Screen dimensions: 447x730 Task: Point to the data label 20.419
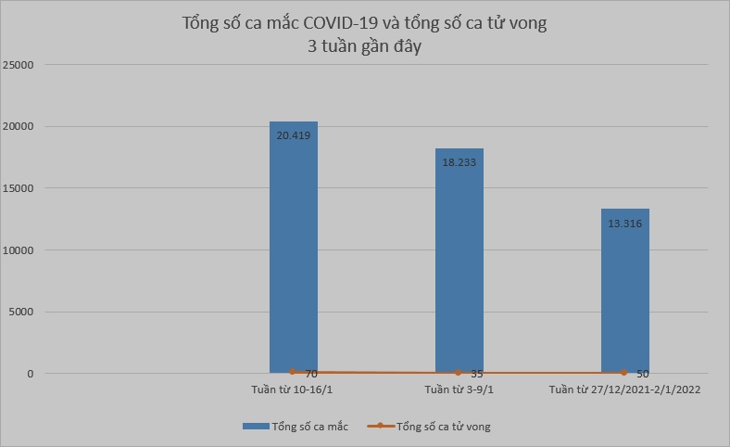[293, 134]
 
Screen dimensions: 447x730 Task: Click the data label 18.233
[459, 161]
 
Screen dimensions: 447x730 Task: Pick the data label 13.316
[624, 223]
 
